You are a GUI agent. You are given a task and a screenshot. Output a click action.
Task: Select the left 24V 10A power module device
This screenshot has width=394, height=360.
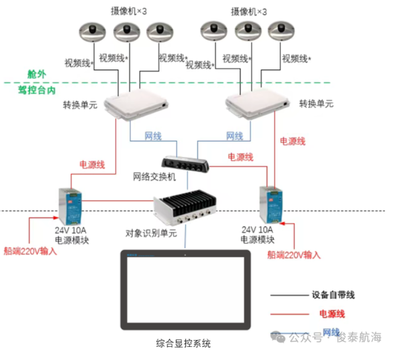pos(72,207)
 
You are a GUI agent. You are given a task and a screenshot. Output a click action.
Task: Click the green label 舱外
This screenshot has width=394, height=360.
pos(41,74)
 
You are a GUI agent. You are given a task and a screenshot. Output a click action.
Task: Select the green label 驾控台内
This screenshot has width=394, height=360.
pos(37,91)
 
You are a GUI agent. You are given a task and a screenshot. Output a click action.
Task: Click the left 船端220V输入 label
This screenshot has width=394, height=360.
pos(30,250)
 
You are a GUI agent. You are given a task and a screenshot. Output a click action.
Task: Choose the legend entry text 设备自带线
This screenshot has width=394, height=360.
pos(333,295)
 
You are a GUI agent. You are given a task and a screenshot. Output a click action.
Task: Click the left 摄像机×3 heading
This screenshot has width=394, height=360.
pos(129,11)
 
